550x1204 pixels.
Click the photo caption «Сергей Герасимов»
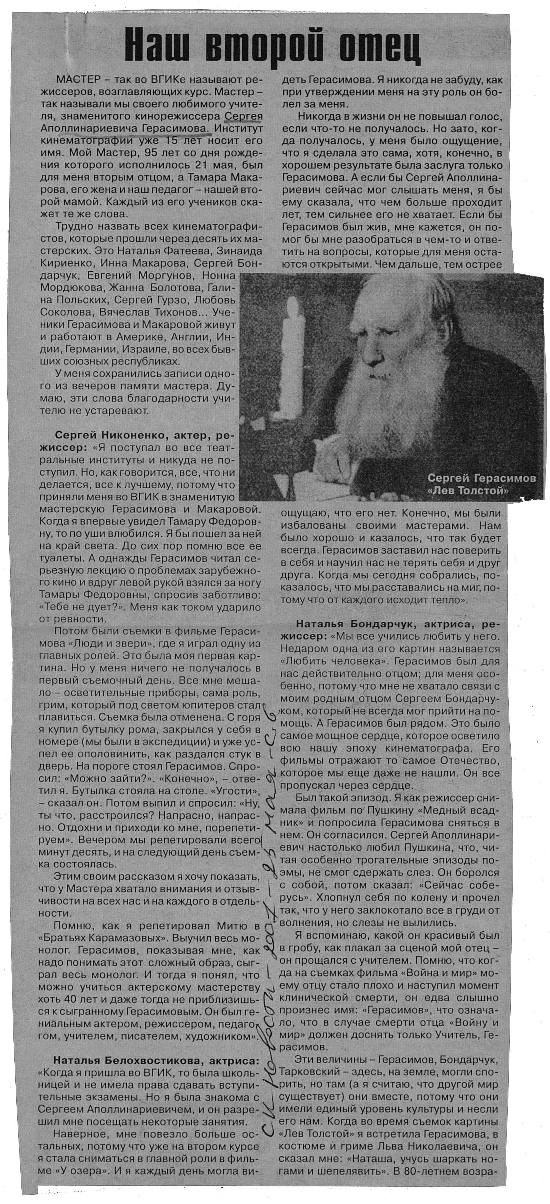pyautogui.click(x=481, y=478)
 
